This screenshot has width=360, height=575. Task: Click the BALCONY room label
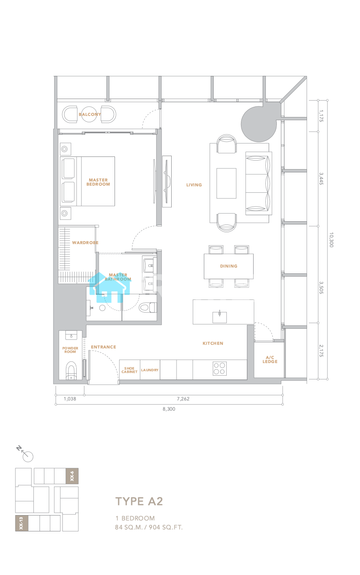pyautogui.click(x=90, y=114)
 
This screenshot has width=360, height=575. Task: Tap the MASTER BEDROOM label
pyautogui.click(x=98, y=182)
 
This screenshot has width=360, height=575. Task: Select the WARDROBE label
pyautogui.click(x=85, y=242)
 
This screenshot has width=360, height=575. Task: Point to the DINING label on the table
pyautogui.click(x=229, y=266)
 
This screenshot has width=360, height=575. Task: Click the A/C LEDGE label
pyautogui.click(x=270, y=359)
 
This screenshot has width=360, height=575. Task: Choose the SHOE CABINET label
pyautogui.click(x=129, y=370)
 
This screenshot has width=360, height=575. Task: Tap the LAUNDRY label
pyautogui.click(x=150, y=370)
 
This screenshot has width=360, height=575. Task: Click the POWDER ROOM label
pyautogui.click(x=70, y=350)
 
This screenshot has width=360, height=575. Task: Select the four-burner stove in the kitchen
pyautogui.click(x=219, y=369)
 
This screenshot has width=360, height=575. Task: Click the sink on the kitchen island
pyautogui.click(x=219, y=317)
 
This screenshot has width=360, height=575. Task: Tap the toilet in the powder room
pyautogui.click(x=71, y=370)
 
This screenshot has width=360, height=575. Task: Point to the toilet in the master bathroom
pyautogui.click(x=148, y=307)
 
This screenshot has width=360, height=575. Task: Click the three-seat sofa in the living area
pyautogui.click(x=258, y=183)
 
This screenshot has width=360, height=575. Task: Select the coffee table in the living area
pyautogui.click(x=226, y=183)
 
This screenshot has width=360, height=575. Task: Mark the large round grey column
pyautogui.click(x=259, y=124)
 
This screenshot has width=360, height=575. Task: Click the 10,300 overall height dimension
pyautogui.click(x=331, y=240)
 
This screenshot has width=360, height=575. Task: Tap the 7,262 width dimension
pyautogui.click(x=183, y=399)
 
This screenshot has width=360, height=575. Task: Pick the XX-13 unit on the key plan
pyautogui.click(x=22, y=523)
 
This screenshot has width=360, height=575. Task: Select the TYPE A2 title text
pyautogui.click(x=139, y=501)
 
